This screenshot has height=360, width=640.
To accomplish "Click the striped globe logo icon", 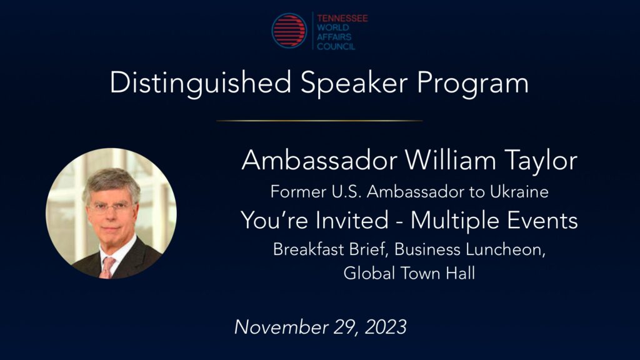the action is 289,31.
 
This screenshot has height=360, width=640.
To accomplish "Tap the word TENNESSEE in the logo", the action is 342,18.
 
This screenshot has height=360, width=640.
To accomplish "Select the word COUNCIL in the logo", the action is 336,46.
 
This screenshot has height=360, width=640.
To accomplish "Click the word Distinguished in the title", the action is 201,84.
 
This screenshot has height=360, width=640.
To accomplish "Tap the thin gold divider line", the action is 319,121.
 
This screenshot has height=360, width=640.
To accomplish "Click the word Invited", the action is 352,221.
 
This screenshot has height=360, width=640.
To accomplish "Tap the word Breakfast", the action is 308,249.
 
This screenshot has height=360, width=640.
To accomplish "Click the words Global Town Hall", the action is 409,273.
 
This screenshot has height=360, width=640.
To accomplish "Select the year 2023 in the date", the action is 386,327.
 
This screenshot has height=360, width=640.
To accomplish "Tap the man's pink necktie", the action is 107,267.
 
